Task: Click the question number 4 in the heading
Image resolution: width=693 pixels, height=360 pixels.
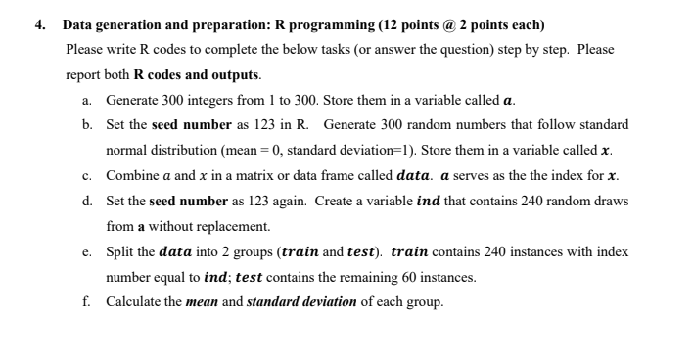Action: [43, 22]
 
